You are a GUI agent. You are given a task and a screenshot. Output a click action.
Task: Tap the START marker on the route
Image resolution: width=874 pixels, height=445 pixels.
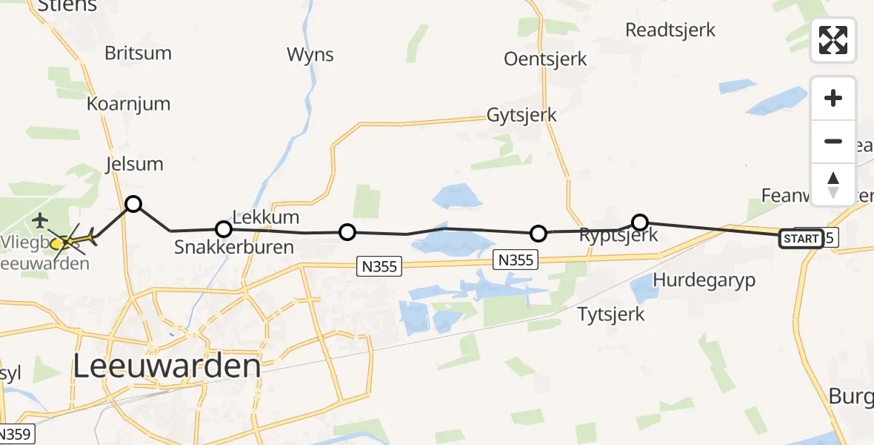[801, 239]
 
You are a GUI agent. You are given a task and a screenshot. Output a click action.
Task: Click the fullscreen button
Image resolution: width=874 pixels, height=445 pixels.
[833, 40]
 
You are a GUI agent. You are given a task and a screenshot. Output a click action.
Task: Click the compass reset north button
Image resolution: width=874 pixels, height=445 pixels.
[833, 184]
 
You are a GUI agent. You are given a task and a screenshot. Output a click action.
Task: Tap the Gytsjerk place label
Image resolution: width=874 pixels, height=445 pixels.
[521, 116]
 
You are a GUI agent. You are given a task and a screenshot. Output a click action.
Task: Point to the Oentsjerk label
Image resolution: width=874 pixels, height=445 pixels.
[545, 59]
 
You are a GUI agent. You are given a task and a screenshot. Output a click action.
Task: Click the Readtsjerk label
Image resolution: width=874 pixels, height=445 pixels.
[670, 30]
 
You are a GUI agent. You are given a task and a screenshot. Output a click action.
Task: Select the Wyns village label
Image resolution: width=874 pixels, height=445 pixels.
[310, 54]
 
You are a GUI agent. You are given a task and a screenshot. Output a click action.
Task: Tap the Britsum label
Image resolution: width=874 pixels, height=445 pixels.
[138, 53]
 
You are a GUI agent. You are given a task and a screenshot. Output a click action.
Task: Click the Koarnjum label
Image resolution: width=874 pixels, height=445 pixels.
[128, 104]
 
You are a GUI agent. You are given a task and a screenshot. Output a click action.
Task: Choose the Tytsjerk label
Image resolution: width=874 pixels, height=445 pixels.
[611, 314]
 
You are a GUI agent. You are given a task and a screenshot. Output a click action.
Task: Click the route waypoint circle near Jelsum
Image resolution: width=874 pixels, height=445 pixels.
[133, 203]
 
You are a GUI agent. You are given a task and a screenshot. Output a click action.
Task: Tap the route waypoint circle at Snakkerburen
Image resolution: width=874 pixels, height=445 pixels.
[223, 229]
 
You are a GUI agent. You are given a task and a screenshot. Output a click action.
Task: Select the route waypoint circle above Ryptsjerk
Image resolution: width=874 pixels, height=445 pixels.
[640, 222]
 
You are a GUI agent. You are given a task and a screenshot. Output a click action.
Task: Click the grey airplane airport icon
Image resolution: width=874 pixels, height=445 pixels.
[39, 220]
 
